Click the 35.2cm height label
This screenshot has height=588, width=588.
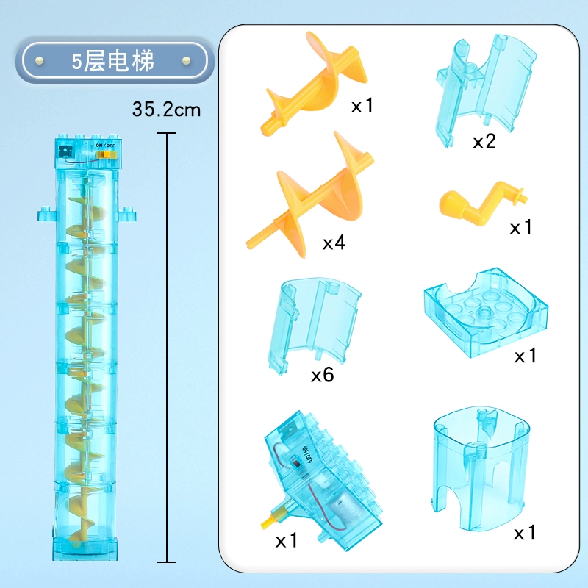(x=167, y=110)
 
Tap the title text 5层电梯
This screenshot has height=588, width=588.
(x=113, y=61)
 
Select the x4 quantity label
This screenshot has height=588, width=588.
(x=334, y=243)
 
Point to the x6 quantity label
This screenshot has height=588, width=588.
(x=323, y=374)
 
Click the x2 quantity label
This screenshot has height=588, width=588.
(x=484, y=141)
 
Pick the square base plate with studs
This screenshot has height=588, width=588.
(x=486, y=312)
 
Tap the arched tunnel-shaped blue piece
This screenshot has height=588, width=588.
(x=481, y=469)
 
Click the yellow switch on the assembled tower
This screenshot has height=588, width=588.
(x=106, y=154)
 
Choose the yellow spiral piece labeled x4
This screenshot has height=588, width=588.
(x=310, y=195)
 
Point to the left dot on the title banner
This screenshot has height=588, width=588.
(x=39, y=60)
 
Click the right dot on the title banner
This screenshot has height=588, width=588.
(x=186, y=60)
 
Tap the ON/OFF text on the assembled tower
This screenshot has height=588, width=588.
(x=105, y=145)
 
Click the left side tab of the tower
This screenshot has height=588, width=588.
(x=47, y=214)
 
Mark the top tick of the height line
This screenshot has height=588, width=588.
(x=167, y=133)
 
